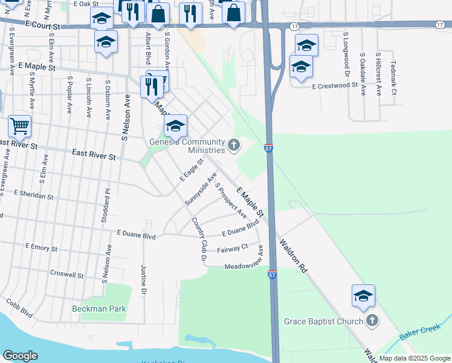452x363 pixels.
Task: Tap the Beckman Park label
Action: (99, 309)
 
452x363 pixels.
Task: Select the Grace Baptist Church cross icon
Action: (372, 321)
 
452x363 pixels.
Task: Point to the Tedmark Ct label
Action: (393, 77)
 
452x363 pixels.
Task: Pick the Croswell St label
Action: (67, 274)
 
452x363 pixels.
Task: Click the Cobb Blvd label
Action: (19, 309)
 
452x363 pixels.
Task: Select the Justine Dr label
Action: (144, 279)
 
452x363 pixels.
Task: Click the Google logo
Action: (20, 355)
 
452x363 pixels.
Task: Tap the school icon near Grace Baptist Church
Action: (363, 296)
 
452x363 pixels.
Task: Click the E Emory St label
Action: (41, 248)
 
